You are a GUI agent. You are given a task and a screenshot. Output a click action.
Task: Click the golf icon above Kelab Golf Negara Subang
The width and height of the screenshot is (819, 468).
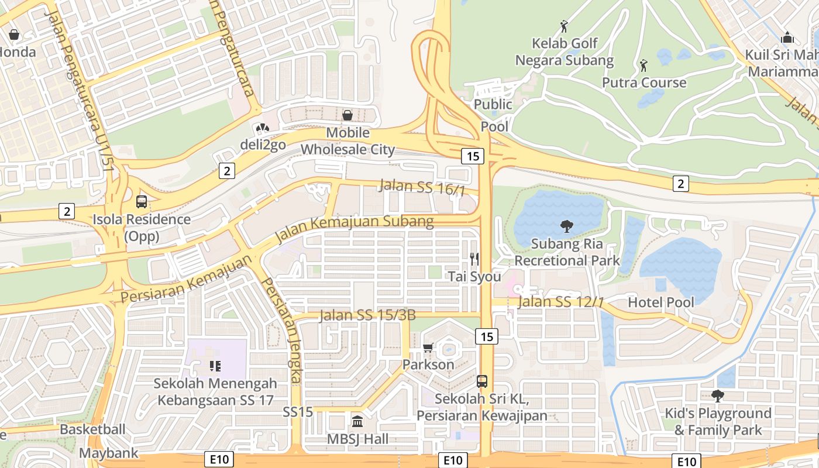point(564,26)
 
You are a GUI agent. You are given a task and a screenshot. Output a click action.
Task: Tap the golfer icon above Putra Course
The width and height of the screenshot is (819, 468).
point(643,65)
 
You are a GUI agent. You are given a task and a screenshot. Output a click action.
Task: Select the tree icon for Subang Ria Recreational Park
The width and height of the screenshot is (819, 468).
point(566,226)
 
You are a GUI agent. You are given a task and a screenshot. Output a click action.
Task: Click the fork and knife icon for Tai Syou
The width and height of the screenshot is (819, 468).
point(474,259)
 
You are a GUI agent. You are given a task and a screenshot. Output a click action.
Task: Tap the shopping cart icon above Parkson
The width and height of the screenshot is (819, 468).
point(428,348)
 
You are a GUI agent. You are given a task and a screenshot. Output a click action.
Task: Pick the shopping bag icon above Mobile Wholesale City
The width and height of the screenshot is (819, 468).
point(347,115)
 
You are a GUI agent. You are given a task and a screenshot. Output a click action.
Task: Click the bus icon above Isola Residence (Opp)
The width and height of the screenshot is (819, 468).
point(142,202)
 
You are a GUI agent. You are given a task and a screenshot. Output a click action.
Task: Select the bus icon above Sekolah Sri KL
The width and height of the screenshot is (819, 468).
point(482,381)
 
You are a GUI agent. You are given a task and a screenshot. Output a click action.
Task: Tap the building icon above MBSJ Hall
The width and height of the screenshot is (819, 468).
point(357,421)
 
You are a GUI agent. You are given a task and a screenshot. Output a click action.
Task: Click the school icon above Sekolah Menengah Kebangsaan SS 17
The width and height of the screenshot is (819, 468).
point(215,366)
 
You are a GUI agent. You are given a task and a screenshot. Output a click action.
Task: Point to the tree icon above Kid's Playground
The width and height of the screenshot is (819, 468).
point(718,396)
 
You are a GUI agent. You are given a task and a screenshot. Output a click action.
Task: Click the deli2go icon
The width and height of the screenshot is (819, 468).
point(261,128)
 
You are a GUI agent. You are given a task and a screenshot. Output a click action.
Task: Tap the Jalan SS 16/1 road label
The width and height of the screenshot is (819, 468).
point(422,187)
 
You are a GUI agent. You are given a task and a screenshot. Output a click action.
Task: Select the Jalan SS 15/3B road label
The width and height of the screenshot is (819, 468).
point(367,316)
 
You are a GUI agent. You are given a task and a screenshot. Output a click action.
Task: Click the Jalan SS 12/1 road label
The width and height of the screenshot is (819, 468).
point(561,302)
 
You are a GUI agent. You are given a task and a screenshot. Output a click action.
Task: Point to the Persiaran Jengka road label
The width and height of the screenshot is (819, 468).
point(281,331)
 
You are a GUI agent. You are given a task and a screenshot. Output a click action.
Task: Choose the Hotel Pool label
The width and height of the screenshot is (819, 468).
point(661,302)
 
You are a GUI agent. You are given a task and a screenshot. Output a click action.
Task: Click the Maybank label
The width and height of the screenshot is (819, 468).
point(109,453)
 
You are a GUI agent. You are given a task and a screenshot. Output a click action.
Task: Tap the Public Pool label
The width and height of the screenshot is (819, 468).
point(493,115)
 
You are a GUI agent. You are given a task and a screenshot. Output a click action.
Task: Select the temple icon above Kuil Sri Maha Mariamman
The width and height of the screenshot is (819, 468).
point(787,38)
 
